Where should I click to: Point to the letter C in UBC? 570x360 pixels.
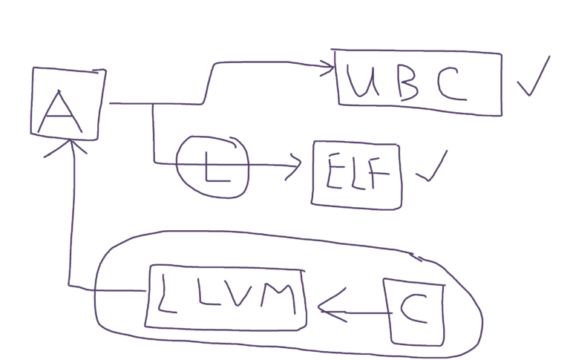(x=452, y=85)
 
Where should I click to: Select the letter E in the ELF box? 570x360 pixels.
(x=334, y=171)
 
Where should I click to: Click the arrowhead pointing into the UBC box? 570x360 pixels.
(x=327, y=67)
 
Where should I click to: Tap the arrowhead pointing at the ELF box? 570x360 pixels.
(x=295, y=166)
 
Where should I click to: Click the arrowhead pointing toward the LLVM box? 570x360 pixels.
(x=331, y=306)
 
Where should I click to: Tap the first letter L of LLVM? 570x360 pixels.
(x=166, y=294)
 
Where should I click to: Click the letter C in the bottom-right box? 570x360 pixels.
(x=414, y=308)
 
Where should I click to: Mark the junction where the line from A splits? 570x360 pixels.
(x=152, y=104)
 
